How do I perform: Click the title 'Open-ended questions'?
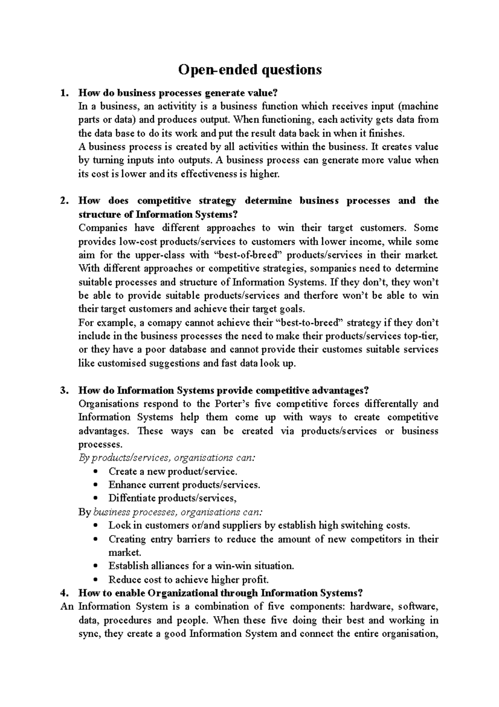[x=249, y=70]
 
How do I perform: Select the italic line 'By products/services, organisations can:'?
[x=167, y=458]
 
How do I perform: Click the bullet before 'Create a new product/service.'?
[x=96, y=472]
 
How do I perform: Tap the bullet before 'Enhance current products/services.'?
[x=96, y=485]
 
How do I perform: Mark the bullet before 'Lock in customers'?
[x=96, y=526]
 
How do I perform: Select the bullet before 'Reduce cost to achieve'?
[x=96, y=580]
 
